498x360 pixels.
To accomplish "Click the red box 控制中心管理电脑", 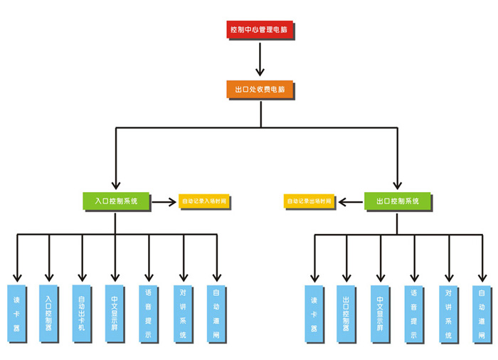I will pyautogui.click(x=259, y=31).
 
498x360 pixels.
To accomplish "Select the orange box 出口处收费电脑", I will pyautogui.click(x=260, y=90).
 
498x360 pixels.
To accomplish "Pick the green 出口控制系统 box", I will pyautogui.click(x=397, y=201).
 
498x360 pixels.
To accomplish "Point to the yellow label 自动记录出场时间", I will pyautogui.click(x=309, y=202).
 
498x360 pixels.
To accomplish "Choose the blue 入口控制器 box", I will pyautogui.click(x=49, y=313).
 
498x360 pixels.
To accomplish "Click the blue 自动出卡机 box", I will pyautogui.click(x=82, y=313).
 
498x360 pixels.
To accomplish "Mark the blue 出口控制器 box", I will pyautogui.click(x=346, y=314).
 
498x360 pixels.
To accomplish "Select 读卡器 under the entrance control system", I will pyautogui.click(x=16, y=313).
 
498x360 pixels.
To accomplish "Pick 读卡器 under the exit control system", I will pyautogui.click(x=314, y=314).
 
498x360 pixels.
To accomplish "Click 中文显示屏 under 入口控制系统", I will pyautogui.click(x=115, y=313).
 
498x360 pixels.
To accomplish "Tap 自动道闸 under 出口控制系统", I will pyautogui.click(x=482, y=314).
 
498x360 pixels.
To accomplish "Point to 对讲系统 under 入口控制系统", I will pyautogui.click(x=183, y=313).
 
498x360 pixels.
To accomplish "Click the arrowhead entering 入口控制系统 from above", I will pyautogui.click(x=116, y=184).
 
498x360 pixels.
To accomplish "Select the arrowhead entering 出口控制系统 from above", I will pyautogui.click(x=397, y=184).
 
